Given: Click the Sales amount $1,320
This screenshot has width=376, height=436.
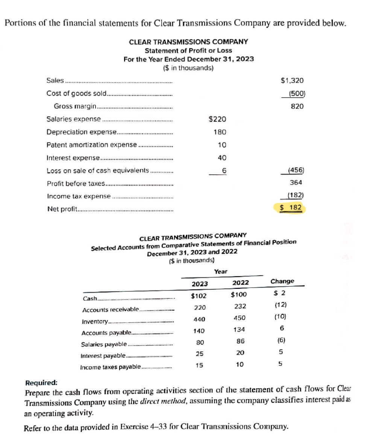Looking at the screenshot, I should (x=293, y=80).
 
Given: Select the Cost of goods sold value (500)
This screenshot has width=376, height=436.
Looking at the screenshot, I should (x=296, y=93).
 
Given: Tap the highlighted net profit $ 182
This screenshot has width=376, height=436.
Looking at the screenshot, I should (x=293, y=208).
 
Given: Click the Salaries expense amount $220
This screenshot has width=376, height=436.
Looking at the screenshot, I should (x=217, y=119).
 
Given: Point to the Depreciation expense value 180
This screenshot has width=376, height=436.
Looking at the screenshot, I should (x=220, y=132).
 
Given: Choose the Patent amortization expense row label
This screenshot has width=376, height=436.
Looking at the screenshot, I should (x=92, y=145).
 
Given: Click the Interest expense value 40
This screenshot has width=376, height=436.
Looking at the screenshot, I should (x=222, y=158).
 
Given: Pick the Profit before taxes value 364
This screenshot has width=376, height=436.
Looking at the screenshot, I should (x=297, y=183).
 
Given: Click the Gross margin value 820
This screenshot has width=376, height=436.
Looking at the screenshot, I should (x=297, y=106).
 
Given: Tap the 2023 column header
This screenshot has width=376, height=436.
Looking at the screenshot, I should (x=199, y=283).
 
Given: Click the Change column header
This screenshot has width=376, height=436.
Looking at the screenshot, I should (x=282, y=281).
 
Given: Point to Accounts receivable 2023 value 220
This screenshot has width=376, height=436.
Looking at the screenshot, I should (x=199, y=307).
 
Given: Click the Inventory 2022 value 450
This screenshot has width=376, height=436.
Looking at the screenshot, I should (x=238, y=318).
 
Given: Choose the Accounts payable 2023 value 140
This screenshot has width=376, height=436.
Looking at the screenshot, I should (x=199, y=331).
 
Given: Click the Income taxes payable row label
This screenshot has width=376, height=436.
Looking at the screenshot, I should (x=111, y=367).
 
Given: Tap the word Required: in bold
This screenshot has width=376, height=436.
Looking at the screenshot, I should (x=41, y=383).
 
